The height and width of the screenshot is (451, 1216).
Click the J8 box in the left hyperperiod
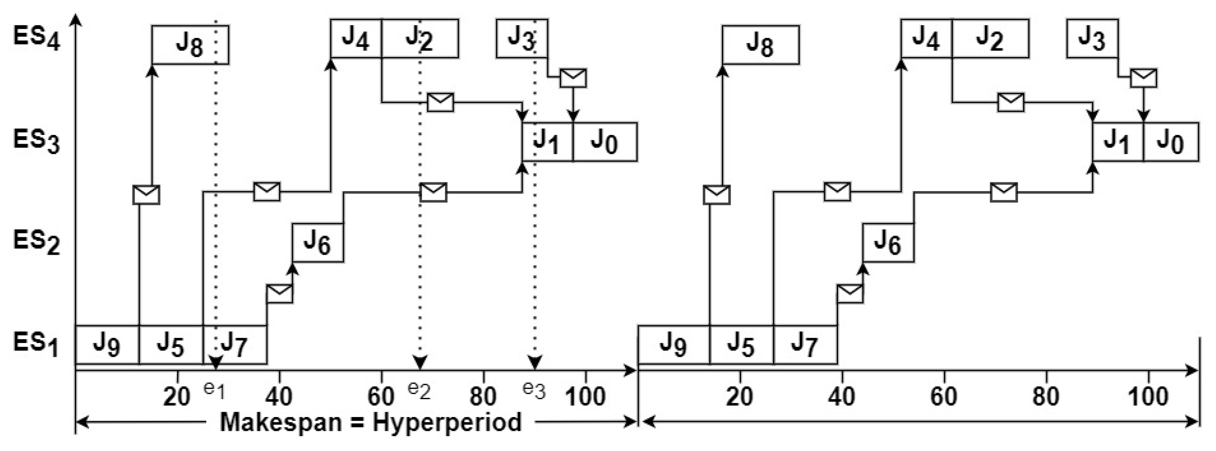[190, 45]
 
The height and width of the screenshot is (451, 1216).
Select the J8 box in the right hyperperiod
[760, 45]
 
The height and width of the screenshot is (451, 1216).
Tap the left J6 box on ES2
[317, 242]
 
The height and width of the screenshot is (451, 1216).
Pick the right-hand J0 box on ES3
[1171, 142]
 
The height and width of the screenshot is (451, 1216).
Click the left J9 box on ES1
[107, 345]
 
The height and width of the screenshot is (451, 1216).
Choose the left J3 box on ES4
[522, 38]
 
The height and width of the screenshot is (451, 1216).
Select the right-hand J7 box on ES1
[805, 345]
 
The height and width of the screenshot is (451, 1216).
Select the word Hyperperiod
[447, 421]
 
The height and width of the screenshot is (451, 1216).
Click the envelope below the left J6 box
[280, 293]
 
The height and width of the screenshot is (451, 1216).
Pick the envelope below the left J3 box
[573, 78]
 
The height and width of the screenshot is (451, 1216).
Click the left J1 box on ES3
[547, 142]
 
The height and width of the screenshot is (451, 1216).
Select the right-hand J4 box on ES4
[926, 38]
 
